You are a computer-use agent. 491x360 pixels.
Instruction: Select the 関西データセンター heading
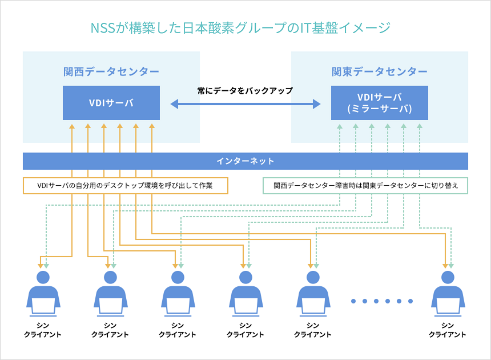(x=111, y=71)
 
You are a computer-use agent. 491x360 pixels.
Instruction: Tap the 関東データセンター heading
(x=380, y=71)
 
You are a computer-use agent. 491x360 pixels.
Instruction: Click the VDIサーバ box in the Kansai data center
(x=111, y=103)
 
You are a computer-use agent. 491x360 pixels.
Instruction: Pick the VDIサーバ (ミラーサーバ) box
(x=380, y=103)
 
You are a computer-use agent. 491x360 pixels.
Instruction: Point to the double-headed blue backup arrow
(x=246, y=104)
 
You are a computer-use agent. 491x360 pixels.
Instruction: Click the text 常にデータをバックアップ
(x=245, y=90)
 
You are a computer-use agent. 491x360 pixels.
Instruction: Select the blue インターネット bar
(x=246, y=161)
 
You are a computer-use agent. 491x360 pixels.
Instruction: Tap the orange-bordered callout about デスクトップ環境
(x=125, y=186)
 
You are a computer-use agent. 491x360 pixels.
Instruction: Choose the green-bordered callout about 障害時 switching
(x=365, y=186)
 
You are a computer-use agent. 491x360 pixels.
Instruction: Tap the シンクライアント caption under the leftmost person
(x=43, y=330)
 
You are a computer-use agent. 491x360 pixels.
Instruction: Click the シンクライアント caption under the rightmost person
(x=448, y=330)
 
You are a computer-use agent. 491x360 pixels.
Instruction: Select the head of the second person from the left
(x=111, y=278)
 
